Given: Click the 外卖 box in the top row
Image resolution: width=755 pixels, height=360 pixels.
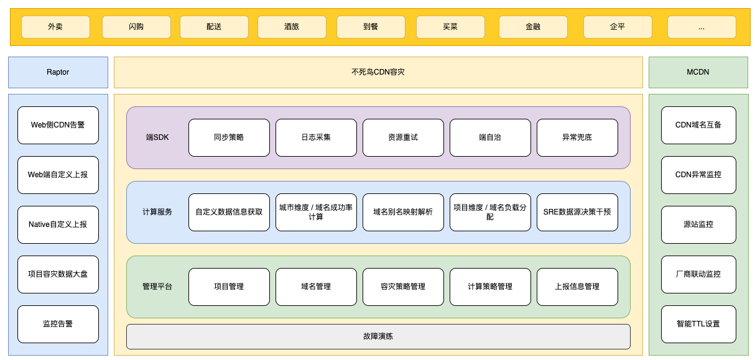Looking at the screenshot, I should [x=55, y=27].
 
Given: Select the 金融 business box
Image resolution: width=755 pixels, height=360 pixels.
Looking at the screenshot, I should [x=533, y=27].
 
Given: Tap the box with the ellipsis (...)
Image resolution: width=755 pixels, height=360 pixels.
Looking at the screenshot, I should [x=701, y=27].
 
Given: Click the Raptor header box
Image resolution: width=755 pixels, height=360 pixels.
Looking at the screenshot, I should [x=58, y=72].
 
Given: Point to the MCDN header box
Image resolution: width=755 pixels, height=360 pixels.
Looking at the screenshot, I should [x=698, y=72].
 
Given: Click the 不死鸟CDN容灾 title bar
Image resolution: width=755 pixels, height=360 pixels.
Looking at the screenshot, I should [x=378, y=72].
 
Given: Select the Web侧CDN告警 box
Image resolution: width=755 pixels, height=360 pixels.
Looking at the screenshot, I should [x=58, y=125].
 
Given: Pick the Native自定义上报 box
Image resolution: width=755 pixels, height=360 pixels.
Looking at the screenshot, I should [x=58, y=224].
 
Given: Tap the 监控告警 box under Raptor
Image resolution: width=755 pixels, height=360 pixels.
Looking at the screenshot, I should [x=58, y=324].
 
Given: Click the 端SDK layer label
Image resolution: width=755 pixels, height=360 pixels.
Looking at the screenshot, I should [x=157, y=137].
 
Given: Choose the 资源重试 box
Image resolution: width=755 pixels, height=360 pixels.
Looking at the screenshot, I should [x=403, y=137].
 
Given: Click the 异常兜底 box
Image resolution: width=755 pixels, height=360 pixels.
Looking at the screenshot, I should [x=577, y=137].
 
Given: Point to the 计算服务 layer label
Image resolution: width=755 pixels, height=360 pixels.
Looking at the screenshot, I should [x=157, y=212].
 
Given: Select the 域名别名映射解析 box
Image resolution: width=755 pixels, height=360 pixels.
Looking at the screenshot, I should [x=403, y=212].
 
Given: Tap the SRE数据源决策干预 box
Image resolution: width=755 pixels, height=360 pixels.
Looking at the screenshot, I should [x=577, y=212].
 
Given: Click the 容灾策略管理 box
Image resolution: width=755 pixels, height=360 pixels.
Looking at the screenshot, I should [x=403, y=287].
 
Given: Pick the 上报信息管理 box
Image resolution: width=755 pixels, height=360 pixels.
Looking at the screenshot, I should [x=577, y=287].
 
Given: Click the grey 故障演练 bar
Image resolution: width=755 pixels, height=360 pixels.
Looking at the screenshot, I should [x=378, y=336].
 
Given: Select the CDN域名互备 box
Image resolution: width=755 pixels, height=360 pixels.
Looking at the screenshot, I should [x=698, y=125].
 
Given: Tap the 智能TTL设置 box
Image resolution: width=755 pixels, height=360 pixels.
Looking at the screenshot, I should [x=698, y=324].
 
